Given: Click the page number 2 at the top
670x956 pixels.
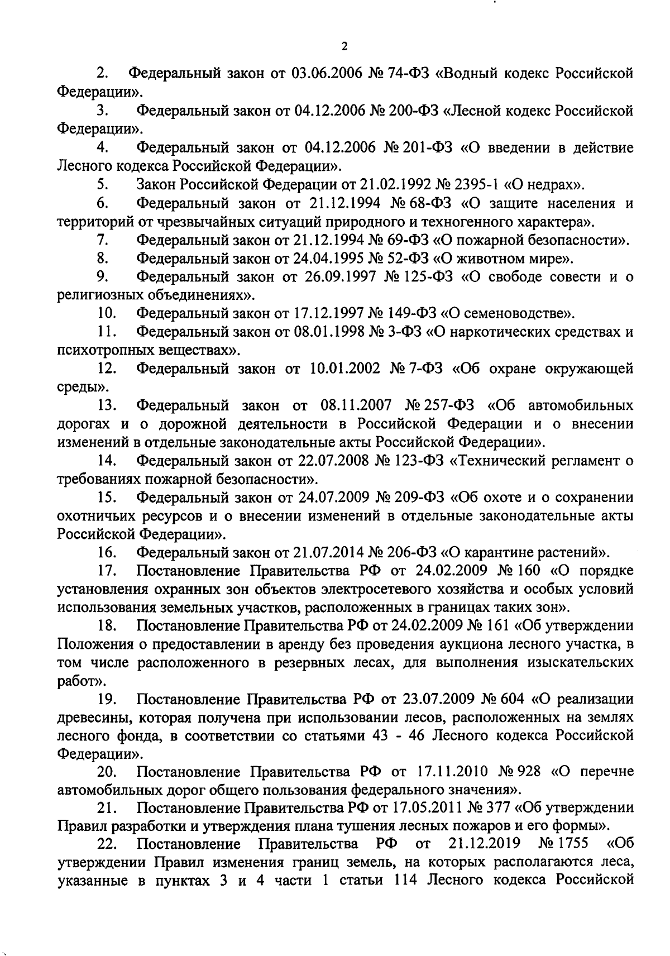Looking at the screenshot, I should (x=344, y=46).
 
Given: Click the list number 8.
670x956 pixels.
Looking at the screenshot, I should (x=102, y=258).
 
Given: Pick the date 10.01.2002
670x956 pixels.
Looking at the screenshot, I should (x=341, y=369).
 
